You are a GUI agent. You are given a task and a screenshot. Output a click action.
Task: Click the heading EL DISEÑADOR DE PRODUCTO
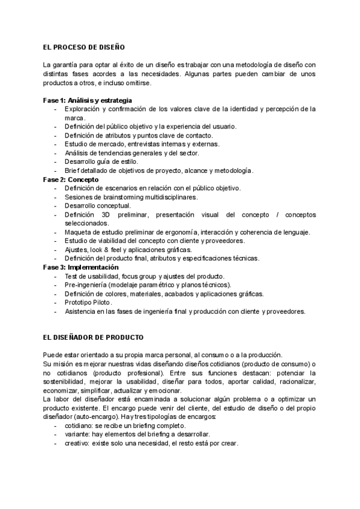[x=93, y=338]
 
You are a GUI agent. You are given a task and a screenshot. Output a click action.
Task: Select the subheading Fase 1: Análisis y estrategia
[x=88, y=100]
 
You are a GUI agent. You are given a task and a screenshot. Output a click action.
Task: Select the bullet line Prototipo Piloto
[x=88, y=303]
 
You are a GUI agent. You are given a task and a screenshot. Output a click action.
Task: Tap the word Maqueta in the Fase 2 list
[x=77, y=232]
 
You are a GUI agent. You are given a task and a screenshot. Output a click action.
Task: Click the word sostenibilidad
[x=64, y=381]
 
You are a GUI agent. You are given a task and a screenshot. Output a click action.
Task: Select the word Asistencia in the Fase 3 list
[x=82, y=312]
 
